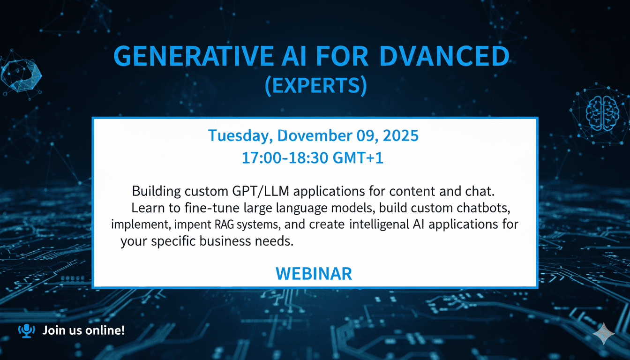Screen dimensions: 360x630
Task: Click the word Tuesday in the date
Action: pyautogui.click(x=240, y=136)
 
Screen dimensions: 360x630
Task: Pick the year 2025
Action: pyautogui.click(x=400, y=136)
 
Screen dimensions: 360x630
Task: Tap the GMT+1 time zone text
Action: pyautogui.click(x=359, y=158)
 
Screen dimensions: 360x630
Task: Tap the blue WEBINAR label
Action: pyautogui.click(x=314, y=273)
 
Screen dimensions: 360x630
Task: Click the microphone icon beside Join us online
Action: pyautogui.click(x=26, y=330)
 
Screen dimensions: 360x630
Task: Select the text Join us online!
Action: pyautogui.click(x=83, y=330)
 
